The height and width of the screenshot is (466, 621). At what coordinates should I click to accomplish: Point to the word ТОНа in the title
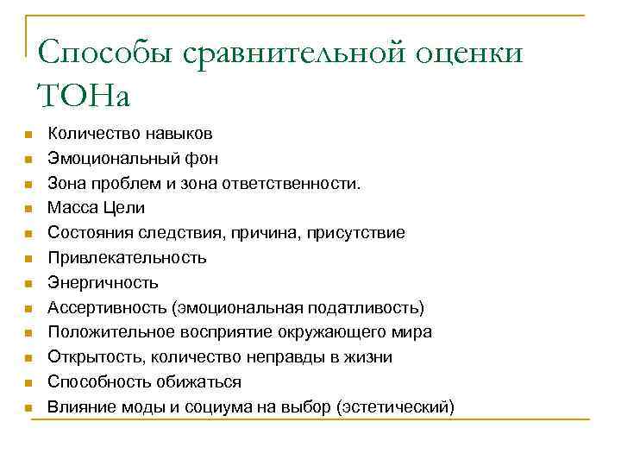pos(84,95)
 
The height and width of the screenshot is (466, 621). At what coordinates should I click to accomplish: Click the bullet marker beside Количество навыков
pos(28,135)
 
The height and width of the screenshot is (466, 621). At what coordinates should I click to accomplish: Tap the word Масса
pos(72,208)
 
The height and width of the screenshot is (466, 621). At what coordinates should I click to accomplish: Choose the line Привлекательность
pos(127,258)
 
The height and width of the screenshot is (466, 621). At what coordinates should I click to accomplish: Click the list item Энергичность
pos(103,283)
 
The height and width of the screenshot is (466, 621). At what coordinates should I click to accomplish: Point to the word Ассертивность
pos(107,307)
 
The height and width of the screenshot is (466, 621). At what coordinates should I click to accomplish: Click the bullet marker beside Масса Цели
pos(28,209)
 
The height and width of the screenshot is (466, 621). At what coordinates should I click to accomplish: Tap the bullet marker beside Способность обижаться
pos(28,382)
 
